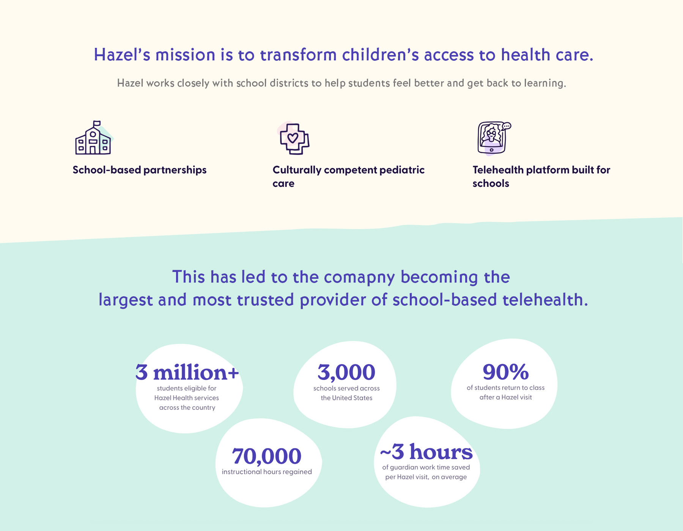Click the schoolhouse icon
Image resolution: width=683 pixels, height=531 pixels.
93,138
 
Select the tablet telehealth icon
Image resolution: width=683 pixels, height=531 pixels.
494,138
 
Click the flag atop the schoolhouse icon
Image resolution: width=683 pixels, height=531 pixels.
97,123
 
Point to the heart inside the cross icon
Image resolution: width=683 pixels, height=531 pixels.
293,137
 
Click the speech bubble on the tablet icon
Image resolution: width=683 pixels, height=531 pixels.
506,126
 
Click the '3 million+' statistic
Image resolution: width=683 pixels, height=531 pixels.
187,372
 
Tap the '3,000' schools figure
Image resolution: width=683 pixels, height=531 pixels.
346,372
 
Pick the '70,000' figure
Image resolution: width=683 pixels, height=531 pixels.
267,456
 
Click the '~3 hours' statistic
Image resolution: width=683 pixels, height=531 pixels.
426,452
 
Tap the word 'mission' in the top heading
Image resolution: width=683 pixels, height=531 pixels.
186,55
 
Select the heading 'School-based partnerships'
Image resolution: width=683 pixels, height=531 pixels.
140,170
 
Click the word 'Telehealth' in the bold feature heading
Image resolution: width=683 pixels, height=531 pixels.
498,170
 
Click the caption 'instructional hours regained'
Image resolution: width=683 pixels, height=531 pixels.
267,472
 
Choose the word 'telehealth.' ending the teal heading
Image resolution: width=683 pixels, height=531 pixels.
545,300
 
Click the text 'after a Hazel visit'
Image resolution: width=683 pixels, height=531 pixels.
506,397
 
